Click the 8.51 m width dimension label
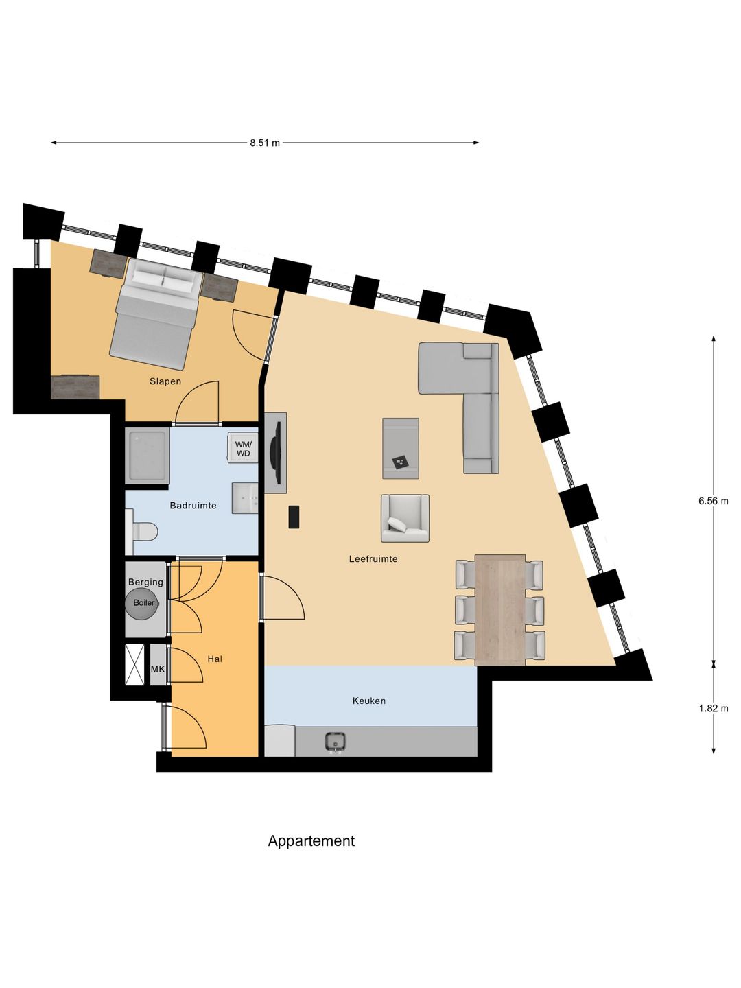point(264,143)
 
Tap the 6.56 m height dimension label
point(713,501)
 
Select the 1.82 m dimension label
point(713,708)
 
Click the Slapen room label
point(165,381)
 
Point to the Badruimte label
point(193,506)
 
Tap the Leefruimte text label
point(373,559)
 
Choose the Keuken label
point(368,701)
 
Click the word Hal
point(215,659)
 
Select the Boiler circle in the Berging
point(143,603)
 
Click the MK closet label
point(158,669)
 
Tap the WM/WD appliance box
point(244,449)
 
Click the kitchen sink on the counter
point(335,742)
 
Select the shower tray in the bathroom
point(148,456)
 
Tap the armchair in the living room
point(405,518)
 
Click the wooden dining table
point(500,609)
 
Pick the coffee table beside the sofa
point(401,448)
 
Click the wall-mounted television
point(275,453)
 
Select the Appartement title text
point(311,841)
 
